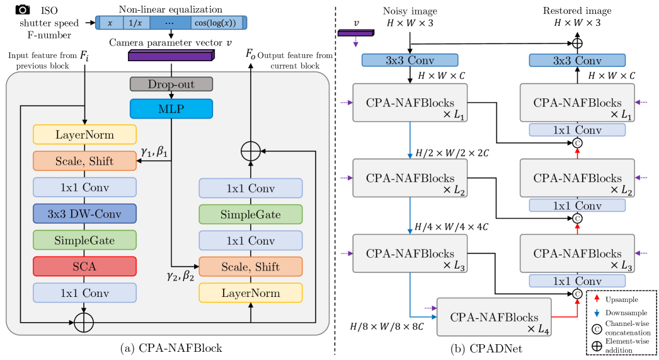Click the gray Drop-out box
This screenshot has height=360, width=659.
pos(171,84)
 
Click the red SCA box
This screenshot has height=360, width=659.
pos(84,266)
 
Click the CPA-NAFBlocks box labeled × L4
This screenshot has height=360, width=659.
pos(493,316)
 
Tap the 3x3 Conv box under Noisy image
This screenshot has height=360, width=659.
pos(410,61)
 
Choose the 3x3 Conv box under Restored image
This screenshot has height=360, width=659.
pos(576,61)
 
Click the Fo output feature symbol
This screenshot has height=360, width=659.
pos(250,55)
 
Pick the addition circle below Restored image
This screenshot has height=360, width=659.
pos(576,44)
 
